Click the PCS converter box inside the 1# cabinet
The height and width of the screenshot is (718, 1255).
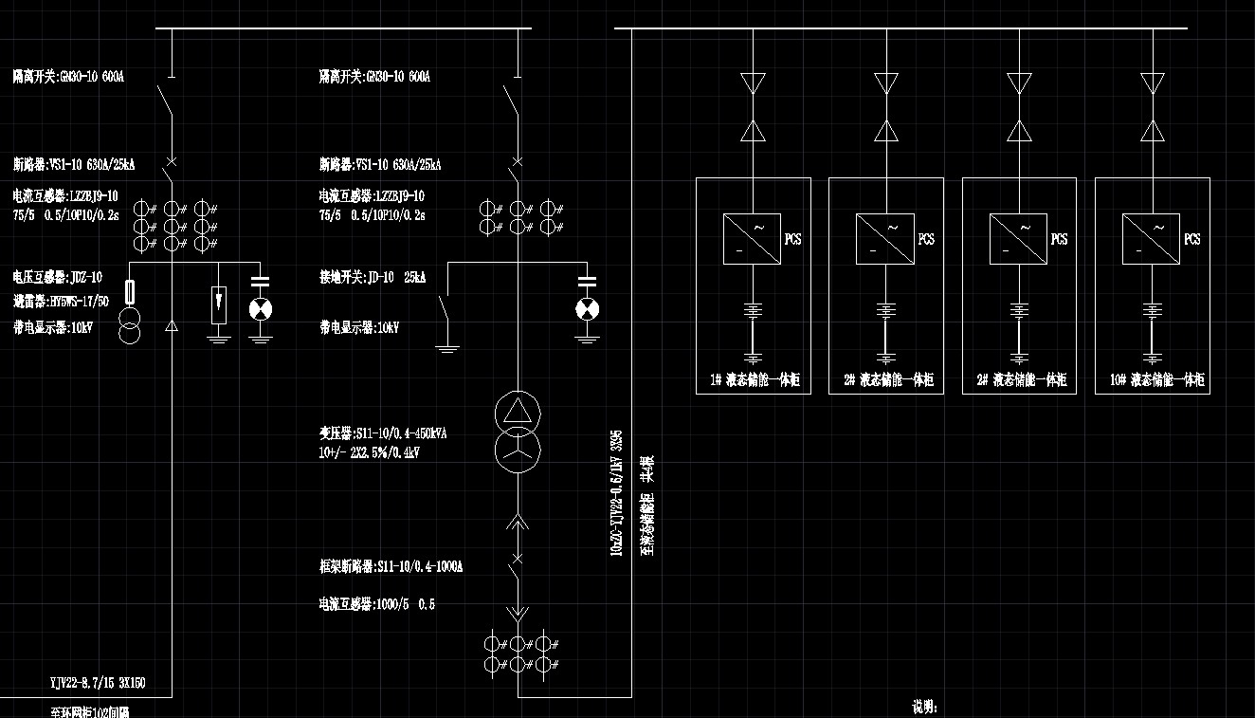752,238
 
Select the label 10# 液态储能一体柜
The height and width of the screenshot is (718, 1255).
1156,380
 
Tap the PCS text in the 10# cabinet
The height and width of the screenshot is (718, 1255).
1192,239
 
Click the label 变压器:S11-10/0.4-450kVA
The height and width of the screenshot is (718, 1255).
383,433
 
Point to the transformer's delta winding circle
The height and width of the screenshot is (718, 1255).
518,412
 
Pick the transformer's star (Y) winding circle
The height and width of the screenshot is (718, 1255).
518,449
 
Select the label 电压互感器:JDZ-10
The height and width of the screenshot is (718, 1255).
58,278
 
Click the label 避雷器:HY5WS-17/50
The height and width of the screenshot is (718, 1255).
61,302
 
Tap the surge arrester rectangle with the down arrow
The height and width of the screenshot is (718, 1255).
219,304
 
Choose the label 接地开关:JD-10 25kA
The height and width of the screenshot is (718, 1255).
373,278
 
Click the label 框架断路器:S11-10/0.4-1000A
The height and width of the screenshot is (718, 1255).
391,567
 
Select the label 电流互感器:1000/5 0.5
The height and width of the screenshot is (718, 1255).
377,604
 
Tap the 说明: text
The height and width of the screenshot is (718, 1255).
924,707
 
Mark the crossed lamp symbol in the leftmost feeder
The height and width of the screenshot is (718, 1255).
259,309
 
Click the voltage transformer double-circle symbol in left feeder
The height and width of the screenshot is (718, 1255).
131,323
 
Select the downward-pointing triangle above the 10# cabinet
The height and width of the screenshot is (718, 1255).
1153,83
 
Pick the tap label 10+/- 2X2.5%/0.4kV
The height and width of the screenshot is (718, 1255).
370,452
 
